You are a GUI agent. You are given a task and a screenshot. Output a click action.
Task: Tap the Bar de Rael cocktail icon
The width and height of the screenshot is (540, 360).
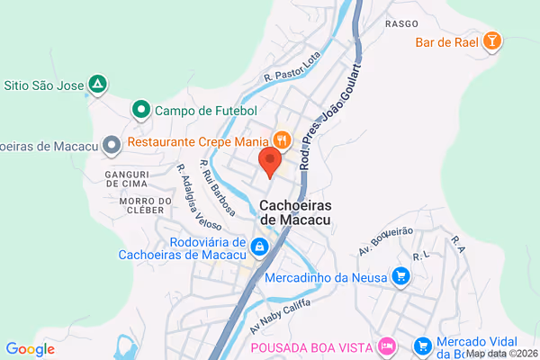point(491,40)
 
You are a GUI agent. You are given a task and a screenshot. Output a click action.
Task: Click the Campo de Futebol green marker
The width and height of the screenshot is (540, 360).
point(140,110)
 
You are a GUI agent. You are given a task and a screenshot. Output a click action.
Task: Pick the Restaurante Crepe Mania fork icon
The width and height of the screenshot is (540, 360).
point(283,139)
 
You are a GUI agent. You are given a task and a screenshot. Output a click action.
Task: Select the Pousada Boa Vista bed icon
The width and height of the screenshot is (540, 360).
point(387,346)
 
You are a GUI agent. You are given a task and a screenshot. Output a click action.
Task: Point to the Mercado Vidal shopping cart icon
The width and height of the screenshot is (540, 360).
point(422,346)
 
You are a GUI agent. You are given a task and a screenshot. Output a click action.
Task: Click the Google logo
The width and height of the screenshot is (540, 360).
point(30,349)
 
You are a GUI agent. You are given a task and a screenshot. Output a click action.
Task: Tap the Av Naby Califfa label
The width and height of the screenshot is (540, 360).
point(280,315)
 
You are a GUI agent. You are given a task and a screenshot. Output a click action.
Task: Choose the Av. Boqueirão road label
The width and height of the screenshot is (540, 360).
point(386,238)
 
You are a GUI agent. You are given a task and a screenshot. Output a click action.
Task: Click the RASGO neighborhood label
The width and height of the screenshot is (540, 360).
point(401,23)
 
